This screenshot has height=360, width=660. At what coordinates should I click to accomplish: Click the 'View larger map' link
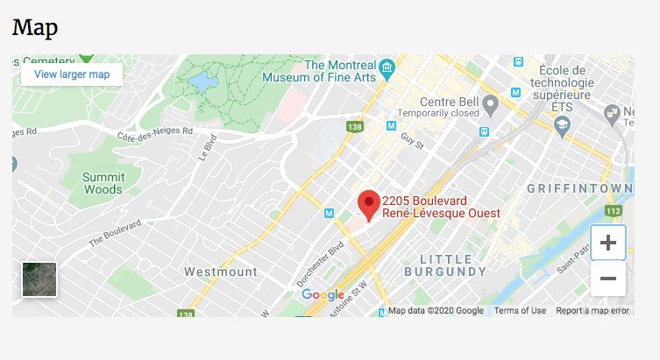[72, 74]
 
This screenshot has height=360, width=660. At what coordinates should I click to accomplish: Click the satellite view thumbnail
[39, 279]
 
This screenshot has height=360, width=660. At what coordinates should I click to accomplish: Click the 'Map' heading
[35, 27]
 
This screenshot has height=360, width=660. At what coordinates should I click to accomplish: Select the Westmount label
[221, 272]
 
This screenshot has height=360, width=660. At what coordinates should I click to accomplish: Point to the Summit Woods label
[103, 182]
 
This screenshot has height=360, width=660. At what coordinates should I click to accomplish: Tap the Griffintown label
[579, 189]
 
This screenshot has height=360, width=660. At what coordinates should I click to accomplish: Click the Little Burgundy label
[453, 265]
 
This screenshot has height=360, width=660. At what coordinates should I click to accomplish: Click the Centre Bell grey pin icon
[492, 105]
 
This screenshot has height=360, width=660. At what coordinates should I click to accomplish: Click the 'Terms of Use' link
[520, 311]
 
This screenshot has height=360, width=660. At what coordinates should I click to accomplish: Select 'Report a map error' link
[593, 311]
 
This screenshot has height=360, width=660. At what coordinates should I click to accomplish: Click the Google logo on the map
[323, 295]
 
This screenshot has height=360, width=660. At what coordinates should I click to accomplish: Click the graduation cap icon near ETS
[561, 126]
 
